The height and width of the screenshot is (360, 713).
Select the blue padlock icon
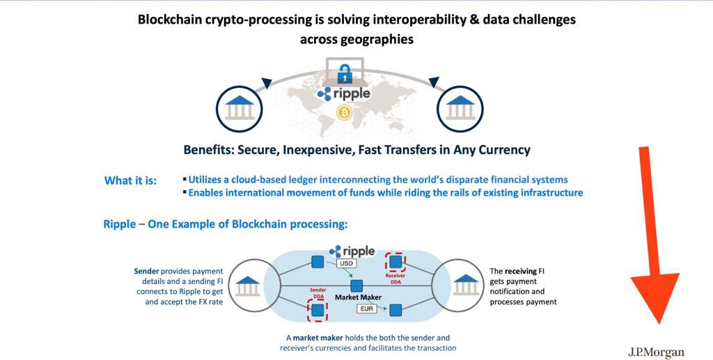(x=343, y=72)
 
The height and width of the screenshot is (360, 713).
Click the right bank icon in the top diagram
(x=460, y=108)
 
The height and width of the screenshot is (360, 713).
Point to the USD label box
(x=346, y=265)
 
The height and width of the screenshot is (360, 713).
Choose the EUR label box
(x=366, y=308)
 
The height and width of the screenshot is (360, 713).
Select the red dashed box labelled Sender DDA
(x=318, y=308)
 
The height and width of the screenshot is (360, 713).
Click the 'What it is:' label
(x=130, y=181)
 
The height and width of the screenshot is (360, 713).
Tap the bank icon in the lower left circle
(x=249, y=284)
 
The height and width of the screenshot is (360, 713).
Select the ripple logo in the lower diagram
(x=352, y=251)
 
